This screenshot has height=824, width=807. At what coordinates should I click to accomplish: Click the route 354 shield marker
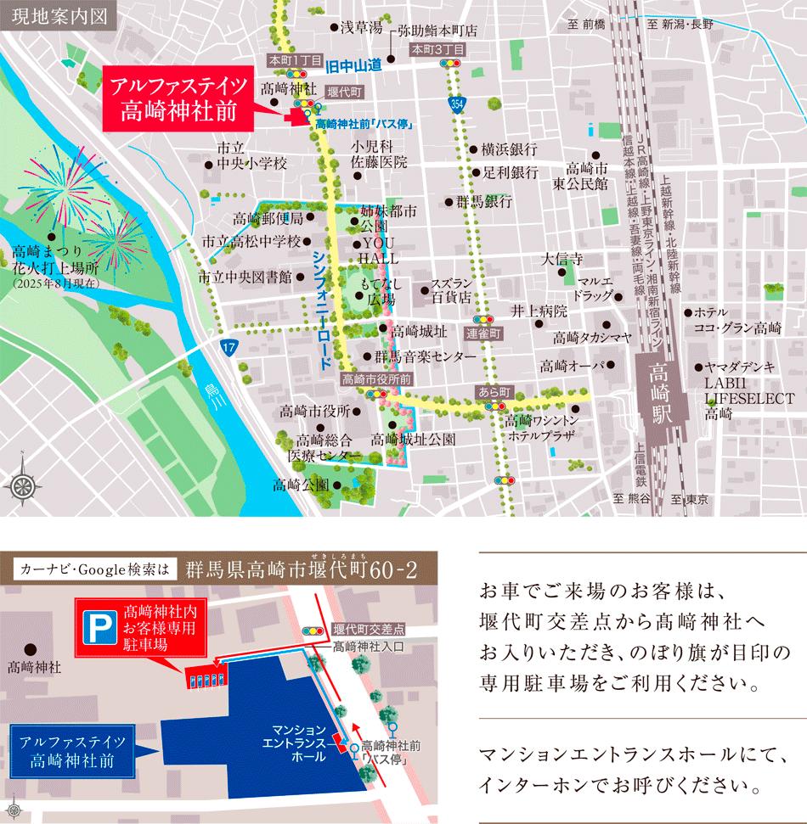[458, 104]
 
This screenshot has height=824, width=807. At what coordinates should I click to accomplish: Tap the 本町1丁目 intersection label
[295, 61]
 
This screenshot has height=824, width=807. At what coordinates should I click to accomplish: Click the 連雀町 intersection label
[484, 334]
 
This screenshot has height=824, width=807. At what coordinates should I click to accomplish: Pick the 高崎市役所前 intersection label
[376, 379]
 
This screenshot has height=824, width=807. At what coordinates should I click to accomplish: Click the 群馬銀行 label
[483, 202]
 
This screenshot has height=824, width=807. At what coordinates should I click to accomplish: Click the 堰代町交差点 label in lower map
[370, 630]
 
